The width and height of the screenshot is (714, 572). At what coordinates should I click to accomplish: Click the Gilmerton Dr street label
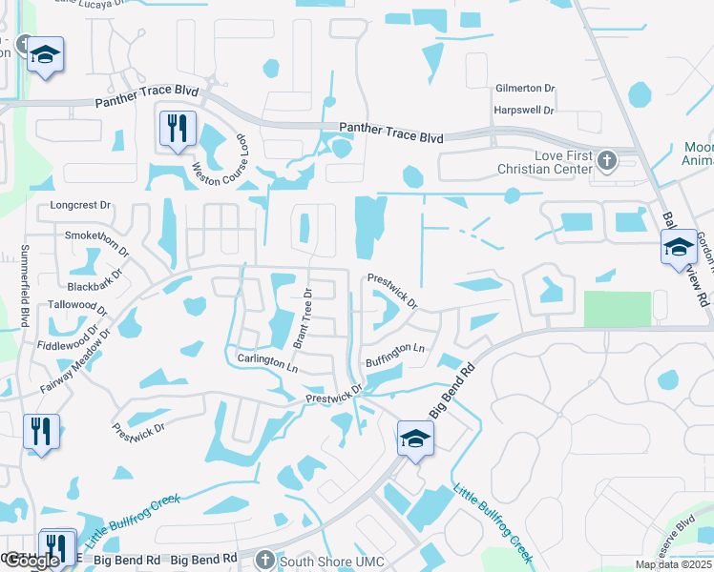coord(524,89)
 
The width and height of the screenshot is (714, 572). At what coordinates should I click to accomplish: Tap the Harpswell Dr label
coord(524,110)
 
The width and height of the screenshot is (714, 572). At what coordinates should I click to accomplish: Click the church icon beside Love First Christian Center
coord(605,158)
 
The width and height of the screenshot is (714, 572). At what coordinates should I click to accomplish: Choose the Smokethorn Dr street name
coord(96,241)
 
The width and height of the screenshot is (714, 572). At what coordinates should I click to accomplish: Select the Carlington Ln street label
coord(267,361)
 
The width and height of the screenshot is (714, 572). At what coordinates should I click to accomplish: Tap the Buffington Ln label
coord(394,356)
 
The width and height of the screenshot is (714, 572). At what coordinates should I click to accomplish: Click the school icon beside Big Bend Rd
coord(416,438)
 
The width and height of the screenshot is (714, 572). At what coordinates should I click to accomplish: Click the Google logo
coord(31,562)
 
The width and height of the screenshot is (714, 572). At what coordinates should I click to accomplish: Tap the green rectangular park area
coord(616,308)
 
